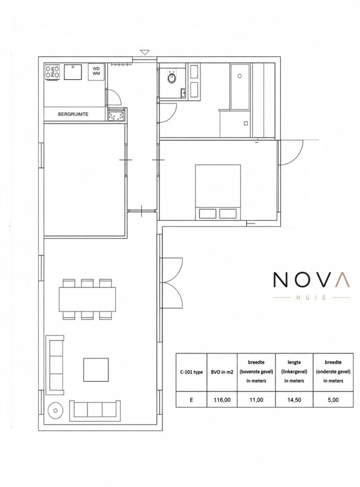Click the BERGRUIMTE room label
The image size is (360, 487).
73,114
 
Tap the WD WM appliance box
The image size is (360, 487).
96,72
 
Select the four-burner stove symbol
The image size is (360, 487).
52,72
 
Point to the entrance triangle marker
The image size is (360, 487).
145,52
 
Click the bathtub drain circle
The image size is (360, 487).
240,76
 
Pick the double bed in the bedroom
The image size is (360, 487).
218,192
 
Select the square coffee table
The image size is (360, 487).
96,370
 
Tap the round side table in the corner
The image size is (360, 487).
55,411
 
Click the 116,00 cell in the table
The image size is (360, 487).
222,400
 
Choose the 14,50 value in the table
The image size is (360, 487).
294,400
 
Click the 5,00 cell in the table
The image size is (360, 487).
333,400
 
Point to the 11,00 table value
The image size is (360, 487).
256,400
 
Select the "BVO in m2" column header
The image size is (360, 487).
222,372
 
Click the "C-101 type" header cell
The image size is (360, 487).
191,372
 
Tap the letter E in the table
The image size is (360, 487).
191,400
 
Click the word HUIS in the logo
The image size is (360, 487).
311,298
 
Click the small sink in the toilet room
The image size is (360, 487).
183,93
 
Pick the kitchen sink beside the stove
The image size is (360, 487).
73,72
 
